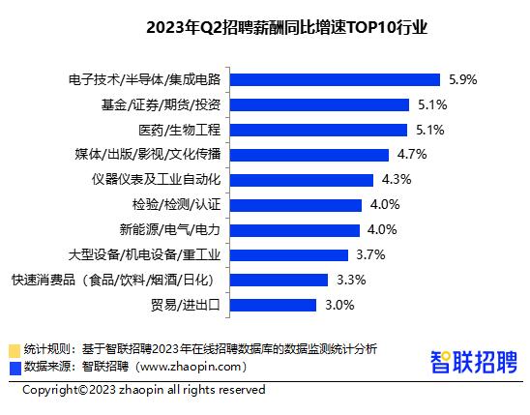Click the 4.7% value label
click(412, 154)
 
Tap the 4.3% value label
click(397, 179)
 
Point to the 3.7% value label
click(371, 254)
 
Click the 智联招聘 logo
click(473, 361)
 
